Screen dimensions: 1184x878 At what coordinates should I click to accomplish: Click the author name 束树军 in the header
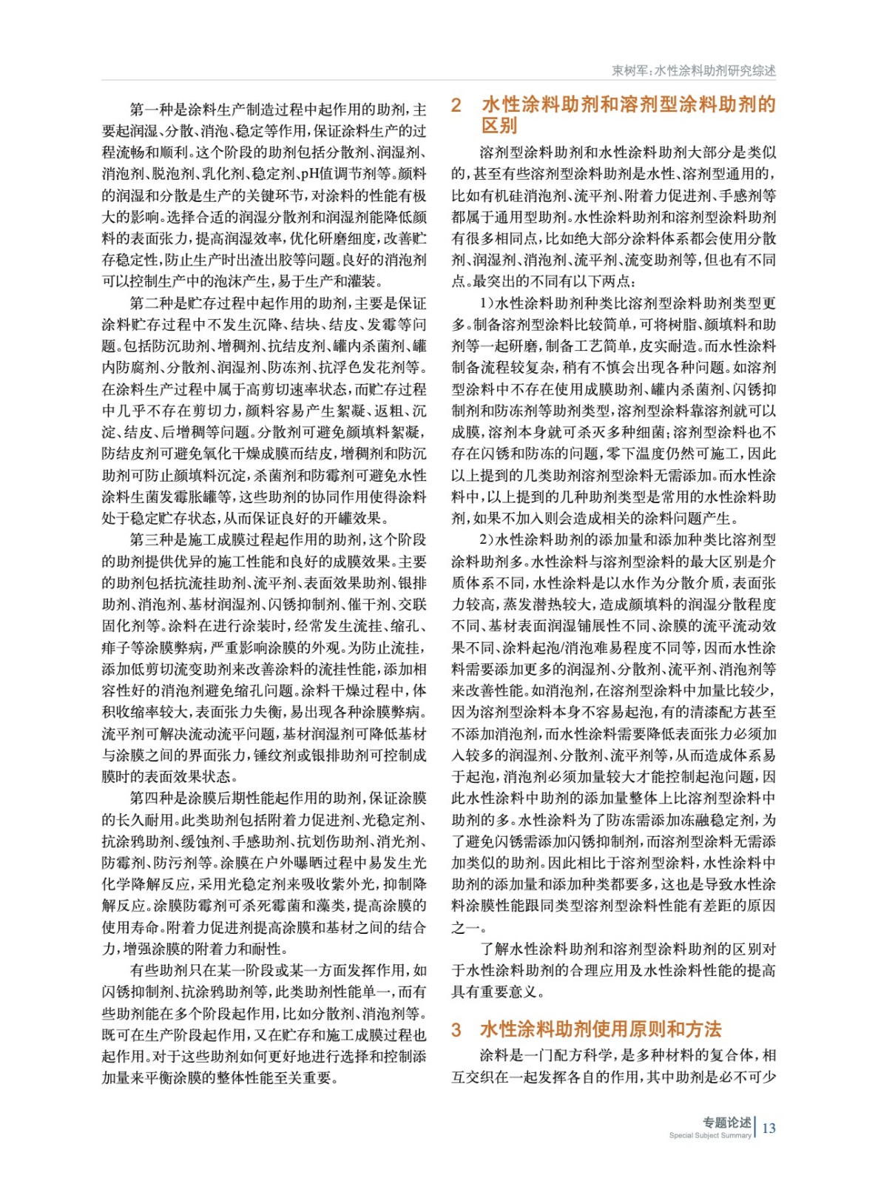(x=629, y=71)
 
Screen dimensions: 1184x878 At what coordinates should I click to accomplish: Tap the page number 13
(x=769, y=1128)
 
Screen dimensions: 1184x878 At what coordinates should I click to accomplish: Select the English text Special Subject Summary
(x=709, y=1135)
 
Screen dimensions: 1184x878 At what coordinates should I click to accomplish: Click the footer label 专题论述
(x=726, y=1123)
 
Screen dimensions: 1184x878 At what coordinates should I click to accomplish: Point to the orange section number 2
(x=456, y=105)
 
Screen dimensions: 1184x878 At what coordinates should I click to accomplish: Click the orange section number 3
(x=456, y=1029)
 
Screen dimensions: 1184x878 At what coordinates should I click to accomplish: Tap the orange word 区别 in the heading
(x=499, y=126)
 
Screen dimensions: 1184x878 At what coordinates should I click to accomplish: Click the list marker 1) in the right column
(x=486, y=303)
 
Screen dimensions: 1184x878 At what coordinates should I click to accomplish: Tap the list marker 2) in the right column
(x=486, y=539)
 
